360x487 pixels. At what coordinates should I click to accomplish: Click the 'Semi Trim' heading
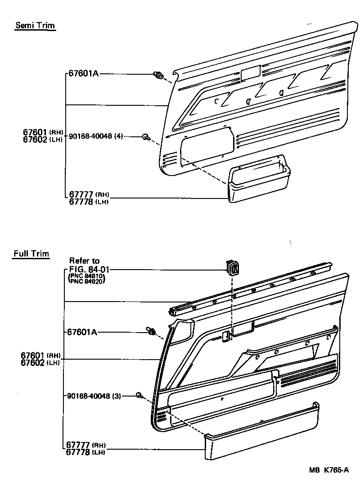[x=35, y=25]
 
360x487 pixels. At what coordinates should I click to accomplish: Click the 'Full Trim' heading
[x=31, y=254]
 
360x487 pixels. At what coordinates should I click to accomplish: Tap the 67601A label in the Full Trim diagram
[x=82, y=332]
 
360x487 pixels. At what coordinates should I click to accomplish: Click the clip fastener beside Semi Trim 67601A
[x=158, y=76]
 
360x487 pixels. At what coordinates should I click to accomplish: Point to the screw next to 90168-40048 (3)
[x=139, y=396]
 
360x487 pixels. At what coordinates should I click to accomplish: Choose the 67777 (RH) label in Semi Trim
[x=89, y=195]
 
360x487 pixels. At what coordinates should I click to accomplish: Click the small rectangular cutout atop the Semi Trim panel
[x=250, y=73]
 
